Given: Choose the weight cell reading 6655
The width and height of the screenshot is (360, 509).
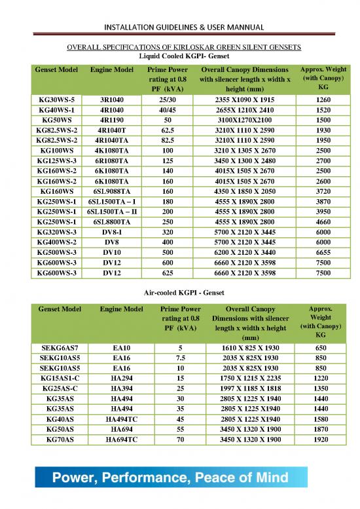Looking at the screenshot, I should (323, 252).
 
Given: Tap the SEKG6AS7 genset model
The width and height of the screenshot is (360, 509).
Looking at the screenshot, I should (58, 349).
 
